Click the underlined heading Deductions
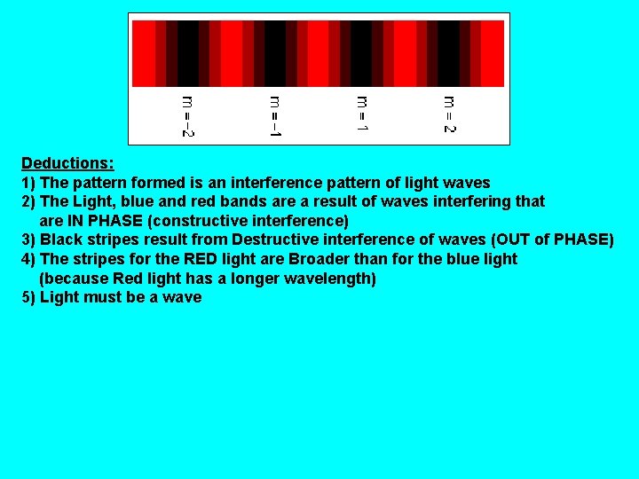pos(67,163)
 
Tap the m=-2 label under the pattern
pos(188,116)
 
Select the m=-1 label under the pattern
pos(275,116)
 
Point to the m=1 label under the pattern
pos(362,114)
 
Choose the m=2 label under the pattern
pos(449,114)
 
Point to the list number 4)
pos(28,259)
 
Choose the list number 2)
pos(28,202)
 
